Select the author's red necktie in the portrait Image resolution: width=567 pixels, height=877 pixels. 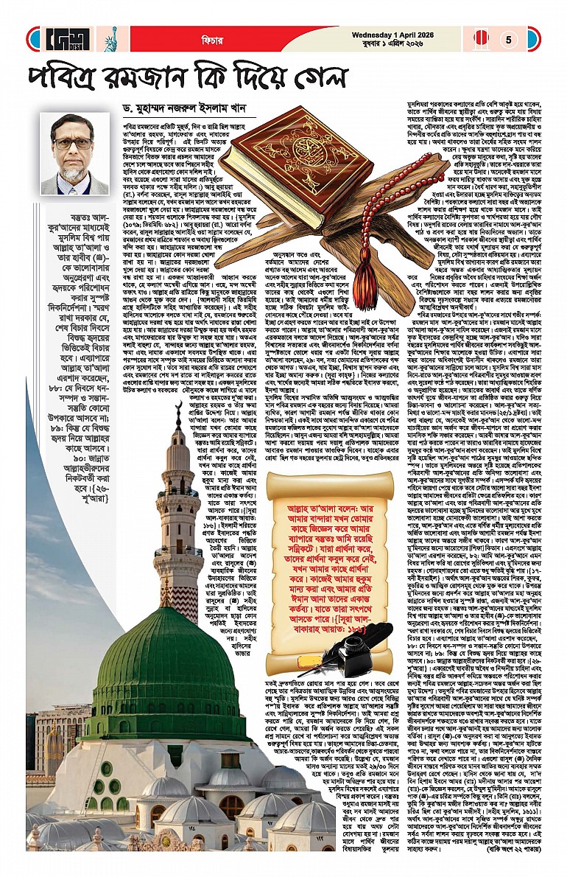click(74, 182)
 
